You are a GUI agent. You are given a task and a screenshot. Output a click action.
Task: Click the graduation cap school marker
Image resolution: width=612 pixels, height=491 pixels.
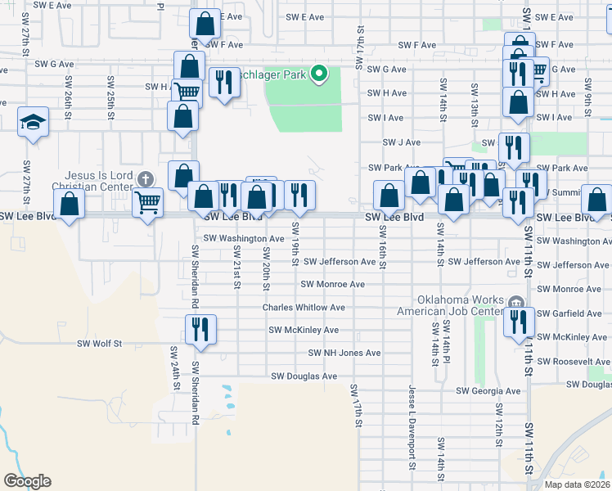34,123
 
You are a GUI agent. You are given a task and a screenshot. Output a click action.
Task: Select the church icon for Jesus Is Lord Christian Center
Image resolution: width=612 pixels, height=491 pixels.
146,179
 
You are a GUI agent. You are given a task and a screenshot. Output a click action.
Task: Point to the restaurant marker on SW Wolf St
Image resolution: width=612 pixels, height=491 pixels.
200,330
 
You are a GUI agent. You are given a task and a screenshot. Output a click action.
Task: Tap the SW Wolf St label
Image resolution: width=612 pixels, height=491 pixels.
99,345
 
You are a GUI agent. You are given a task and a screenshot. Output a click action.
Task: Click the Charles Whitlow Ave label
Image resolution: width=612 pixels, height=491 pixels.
304,308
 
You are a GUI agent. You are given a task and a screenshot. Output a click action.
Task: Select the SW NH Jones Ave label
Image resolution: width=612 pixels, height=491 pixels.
344,354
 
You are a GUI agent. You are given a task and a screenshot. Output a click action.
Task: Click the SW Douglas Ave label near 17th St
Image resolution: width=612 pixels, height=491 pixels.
304,376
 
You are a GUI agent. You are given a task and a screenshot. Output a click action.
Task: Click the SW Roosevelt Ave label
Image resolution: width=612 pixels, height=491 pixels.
575,361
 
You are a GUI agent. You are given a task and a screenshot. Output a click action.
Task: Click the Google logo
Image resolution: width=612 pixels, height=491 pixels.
27,481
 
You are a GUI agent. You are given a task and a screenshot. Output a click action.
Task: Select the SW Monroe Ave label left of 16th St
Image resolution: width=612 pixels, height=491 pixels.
332,285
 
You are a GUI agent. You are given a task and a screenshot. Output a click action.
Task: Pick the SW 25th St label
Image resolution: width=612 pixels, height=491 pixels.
110,94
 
